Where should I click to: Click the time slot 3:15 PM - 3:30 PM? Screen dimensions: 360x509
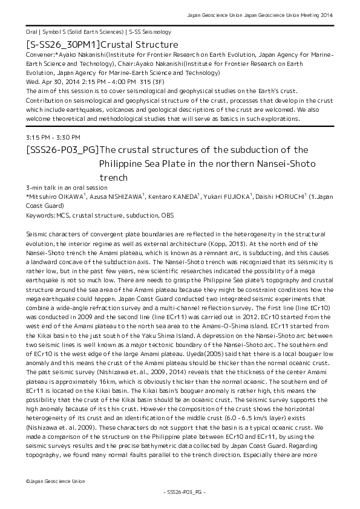53,138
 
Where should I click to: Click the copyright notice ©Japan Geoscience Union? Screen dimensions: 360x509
56,481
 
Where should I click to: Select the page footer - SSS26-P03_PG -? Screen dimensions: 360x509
180,493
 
